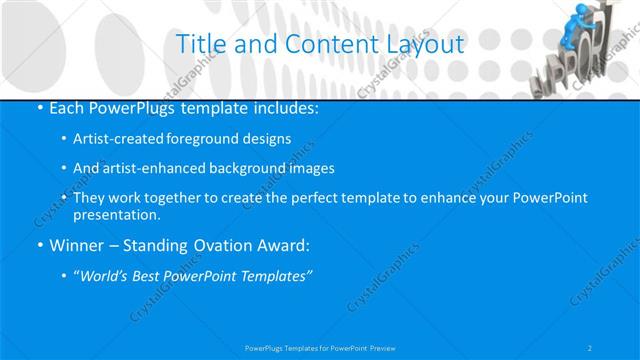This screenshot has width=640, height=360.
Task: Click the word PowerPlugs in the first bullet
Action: click(124, 107)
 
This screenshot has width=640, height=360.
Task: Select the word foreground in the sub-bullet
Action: click(209, 138)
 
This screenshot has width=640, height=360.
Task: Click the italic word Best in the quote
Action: click(155, 276)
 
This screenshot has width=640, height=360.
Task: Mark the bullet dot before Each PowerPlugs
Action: click(39, 108)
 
